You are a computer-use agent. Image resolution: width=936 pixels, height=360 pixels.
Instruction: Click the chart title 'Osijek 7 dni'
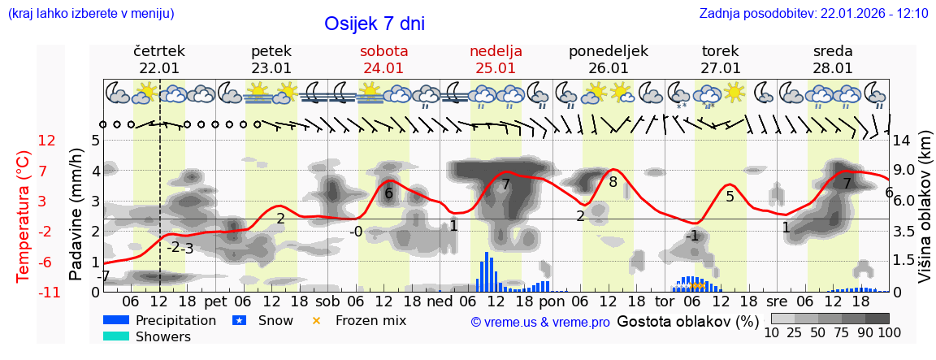[374, 24]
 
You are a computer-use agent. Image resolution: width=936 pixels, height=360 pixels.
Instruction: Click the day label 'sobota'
[383, 51]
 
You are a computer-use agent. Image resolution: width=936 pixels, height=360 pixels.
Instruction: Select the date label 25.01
[496, 68]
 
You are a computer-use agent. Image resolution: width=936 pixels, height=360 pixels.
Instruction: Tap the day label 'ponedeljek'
[608, 51]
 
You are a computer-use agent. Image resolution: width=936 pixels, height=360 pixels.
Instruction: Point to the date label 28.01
[833, 68]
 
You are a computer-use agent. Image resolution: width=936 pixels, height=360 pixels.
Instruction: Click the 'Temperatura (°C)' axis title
[24, 216]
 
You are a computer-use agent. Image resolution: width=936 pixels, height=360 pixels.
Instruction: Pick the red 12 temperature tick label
[47, 141]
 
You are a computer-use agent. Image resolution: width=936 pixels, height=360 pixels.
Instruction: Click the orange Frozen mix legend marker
[316, 320]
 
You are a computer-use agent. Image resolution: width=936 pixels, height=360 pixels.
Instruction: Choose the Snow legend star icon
[239, 320]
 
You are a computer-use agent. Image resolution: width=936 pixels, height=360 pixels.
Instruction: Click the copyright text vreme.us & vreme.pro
[540, 322]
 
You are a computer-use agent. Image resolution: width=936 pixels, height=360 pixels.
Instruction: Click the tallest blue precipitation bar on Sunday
[486, 271]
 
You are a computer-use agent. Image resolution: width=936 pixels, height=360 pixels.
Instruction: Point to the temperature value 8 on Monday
[613, 182]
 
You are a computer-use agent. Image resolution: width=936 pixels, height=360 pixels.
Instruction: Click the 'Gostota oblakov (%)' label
[687, 321]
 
